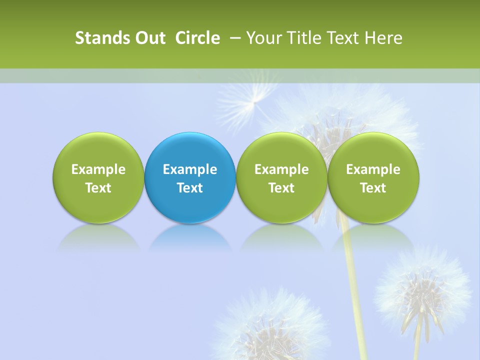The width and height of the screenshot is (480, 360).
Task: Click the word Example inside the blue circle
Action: (x=190, y=169)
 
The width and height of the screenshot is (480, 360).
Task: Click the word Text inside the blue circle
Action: (x=190, y=188)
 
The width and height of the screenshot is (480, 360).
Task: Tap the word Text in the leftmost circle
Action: (x=98, y=188)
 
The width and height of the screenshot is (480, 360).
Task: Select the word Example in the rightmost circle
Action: (x=373, y=169)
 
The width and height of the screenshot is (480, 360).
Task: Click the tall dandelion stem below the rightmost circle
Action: (x=353, y=280)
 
